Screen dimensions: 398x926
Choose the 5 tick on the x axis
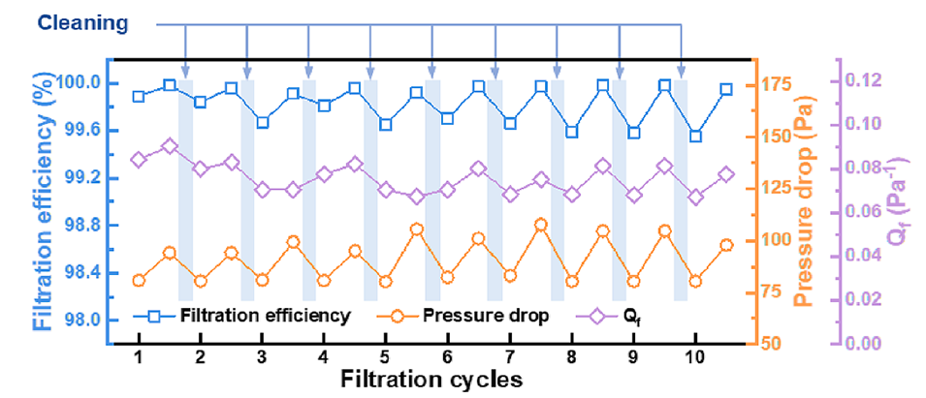coord(385,356)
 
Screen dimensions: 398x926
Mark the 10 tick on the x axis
coord(693,356)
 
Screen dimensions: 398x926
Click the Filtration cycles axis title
coord(432,379)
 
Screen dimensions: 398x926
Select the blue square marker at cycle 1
coord(139,96)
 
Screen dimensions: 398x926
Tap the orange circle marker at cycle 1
coord(139,280)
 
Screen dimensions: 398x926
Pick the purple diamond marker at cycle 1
coord(139,160)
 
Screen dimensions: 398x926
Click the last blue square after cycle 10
coord(726,89)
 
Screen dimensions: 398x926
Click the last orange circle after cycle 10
coord(726,245)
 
